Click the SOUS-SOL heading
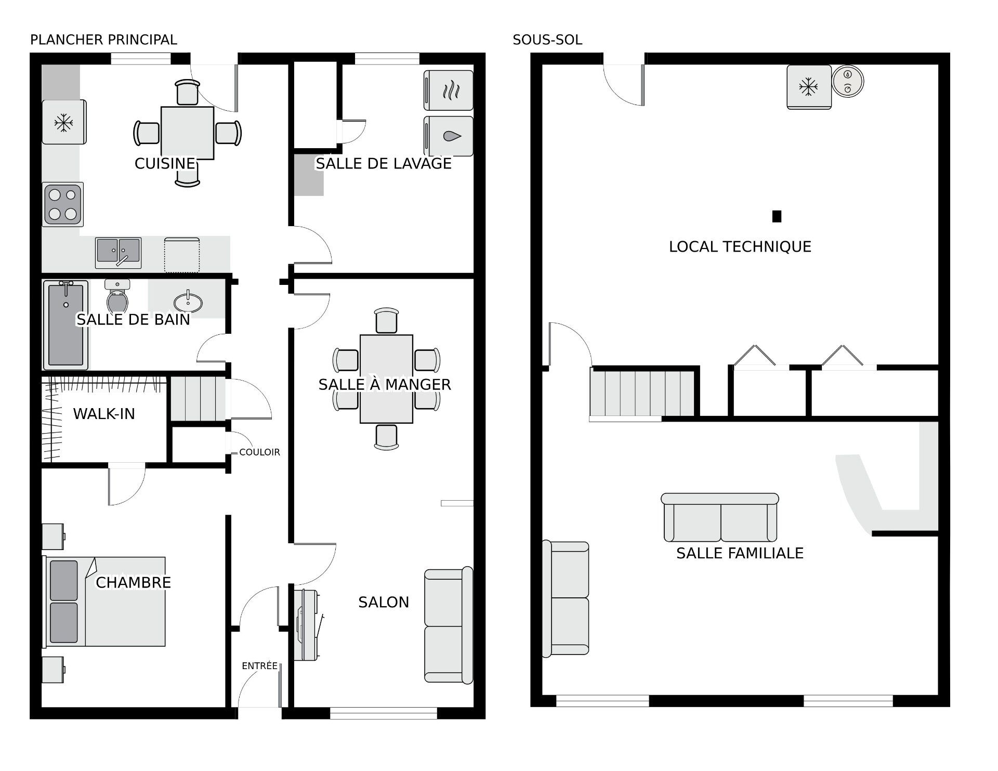(547, 40)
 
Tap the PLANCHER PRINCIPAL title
(103, 40)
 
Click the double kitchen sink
(119, 252)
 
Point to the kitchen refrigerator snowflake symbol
(63, 123)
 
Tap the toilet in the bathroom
(117, 296)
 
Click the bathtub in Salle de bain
(65, 324)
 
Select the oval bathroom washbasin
(188, 302)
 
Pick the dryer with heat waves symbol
(449, 90)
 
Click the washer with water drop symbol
(449, 136)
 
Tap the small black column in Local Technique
(777, 216)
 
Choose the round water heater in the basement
(848, 81)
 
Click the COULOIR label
(259, 452)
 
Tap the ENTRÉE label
(259, 666)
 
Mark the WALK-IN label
(104, 414)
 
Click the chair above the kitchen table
(187, 93)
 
